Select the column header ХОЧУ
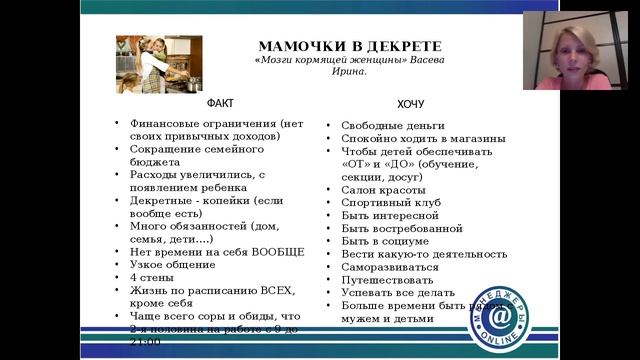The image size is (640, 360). pyautogui.click(x=411, y=103)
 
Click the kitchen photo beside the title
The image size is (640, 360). pyautogui.click(x=159, y=64)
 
